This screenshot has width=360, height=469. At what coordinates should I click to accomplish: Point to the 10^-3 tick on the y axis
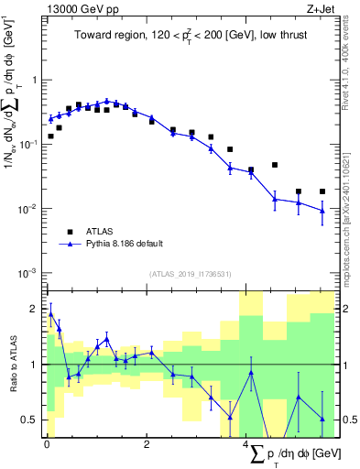click(x=28, y=274)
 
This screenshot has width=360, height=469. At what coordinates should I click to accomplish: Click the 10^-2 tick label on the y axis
click(x=28, y=209)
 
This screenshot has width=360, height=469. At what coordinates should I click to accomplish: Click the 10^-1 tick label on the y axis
click(x=28, y=145)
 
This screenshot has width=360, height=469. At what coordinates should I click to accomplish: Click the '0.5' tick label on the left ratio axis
click(x=28, y=420)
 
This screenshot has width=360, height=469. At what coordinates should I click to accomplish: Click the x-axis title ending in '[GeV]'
click(x=293, y=454)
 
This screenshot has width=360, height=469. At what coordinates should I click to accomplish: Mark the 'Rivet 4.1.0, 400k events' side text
click(x=352, y=64)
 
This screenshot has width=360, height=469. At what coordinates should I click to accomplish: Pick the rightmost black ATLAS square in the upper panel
click(x=322, y=191)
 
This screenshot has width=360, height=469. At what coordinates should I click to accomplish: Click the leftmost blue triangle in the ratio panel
click(x=50, y=314)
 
